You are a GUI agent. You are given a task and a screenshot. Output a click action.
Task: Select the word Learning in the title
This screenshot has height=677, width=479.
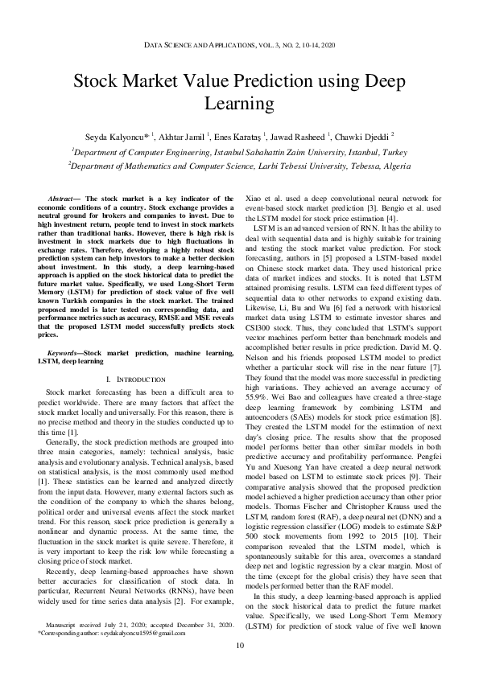(x=239, y=103)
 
